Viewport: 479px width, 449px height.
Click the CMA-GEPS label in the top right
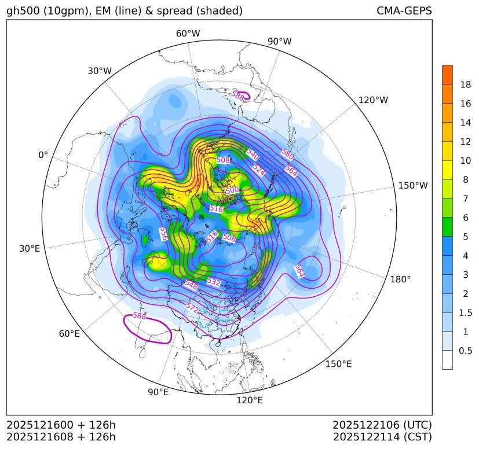(x=404, y=11)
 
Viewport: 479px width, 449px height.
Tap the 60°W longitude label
(x=188, y=34)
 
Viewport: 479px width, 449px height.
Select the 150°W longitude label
(x=413, y=186)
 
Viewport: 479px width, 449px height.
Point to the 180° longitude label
(x=400, y=279)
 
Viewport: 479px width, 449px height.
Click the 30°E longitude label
(x=30, y=249)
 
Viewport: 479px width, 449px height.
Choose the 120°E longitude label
(x=249, y=400)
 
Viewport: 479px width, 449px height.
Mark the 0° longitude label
(x=43, y=155)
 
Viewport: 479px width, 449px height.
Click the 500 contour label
(x=232, y=190)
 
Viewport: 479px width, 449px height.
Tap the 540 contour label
(x=253, y=154)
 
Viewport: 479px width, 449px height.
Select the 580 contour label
(x=287, y=153)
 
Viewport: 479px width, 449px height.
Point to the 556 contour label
(x=164, y=234)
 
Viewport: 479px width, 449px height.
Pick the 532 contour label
(x=214, y=282)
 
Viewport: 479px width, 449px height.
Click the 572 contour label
(x=192, y=307)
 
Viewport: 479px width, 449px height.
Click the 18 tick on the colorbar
(x=465, y=84)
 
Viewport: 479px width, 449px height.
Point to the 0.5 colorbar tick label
(x=466, y=351)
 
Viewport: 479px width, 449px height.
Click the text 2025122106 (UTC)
(x=382, y=425)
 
